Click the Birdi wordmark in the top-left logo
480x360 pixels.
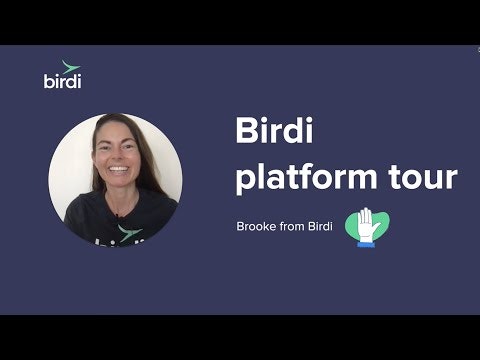pos(63,81)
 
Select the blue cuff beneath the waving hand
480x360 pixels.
pos(366,241)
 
